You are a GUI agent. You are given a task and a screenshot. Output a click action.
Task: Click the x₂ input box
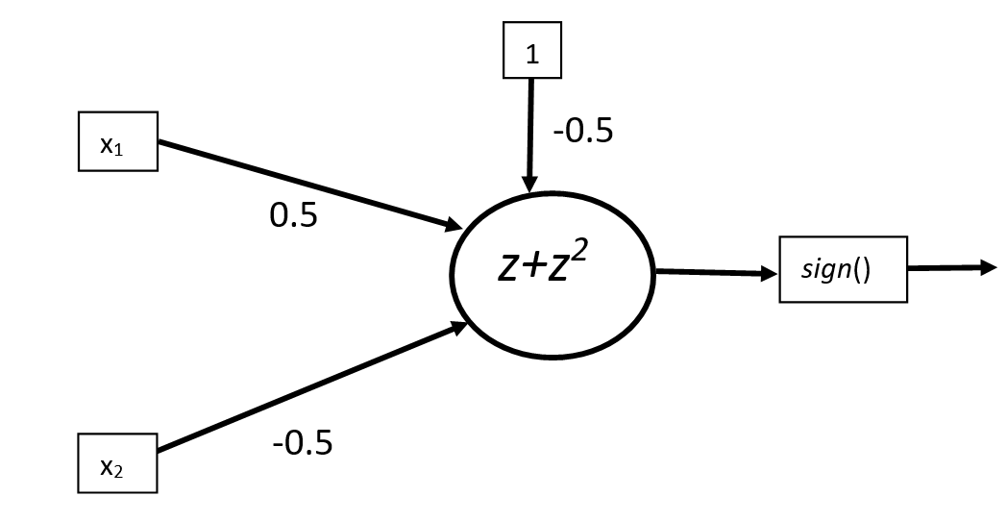point(117,465)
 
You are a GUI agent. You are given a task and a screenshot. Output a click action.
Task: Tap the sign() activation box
point(843,269)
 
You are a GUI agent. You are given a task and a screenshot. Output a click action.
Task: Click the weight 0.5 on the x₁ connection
point(293,215)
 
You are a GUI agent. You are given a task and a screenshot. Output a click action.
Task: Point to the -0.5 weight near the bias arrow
point(582,130)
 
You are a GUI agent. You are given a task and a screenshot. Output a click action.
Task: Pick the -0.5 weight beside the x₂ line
point(303,443)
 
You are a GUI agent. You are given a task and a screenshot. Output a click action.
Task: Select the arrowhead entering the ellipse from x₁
point(454,226)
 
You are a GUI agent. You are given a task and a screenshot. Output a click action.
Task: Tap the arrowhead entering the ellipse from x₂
point(458,329)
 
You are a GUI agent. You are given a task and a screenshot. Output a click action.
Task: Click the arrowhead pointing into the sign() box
point(769,274)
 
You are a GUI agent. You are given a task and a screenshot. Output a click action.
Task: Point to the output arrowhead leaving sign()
point(989,268)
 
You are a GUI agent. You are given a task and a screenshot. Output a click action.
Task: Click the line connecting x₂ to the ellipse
point(307,389)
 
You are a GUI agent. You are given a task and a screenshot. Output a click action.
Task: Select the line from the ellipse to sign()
point(711,273)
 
